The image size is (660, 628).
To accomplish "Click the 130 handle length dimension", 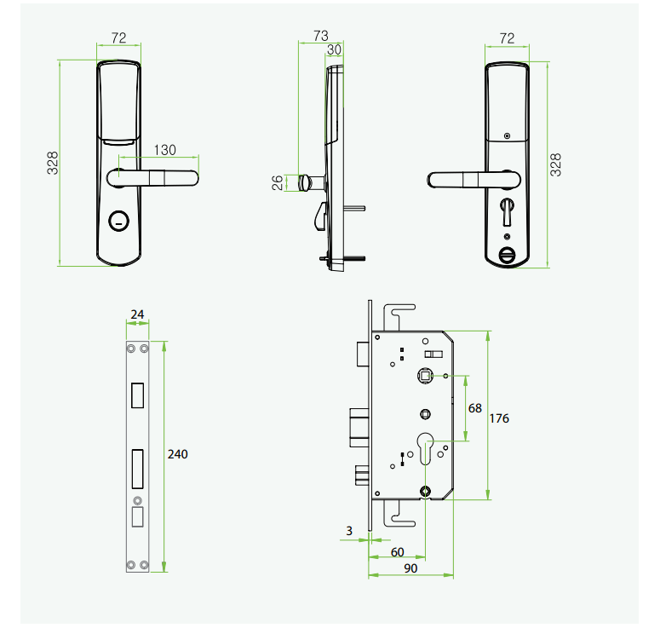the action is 164,149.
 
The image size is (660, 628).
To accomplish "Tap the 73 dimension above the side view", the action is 320,36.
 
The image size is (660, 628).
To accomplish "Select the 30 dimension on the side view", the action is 334,49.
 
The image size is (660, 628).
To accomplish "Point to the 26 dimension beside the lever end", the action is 278,183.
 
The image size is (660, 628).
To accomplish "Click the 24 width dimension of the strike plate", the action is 137,314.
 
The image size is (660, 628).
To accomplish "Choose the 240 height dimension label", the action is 178,454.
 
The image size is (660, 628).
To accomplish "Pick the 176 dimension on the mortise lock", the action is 499,418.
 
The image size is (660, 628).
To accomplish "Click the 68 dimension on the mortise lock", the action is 475,408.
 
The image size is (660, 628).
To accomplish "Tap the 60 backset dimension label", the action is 398,552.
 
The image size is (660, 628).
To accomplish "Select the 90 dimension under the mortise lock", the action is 410,568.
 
